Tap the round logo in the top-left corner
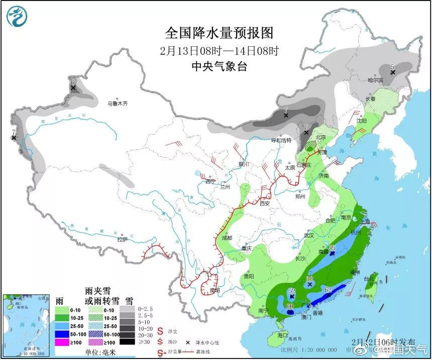click(x=17, y=16)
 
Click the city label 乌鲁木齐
click(x=118, y=104)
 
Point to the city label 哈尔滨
click(x=375, y=80)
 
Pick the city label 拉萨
click(x=123, y=240)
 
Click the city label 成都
click(x=227, y=238)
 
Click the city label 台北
click(x=368, y=279)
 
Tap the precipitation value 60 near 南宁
click(x=290, y=306)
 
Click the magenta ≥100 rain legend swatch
click(x=61, y=342)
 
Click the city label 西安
click(x=265, y=204)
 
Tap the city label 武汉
click(x=308, y=235)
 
